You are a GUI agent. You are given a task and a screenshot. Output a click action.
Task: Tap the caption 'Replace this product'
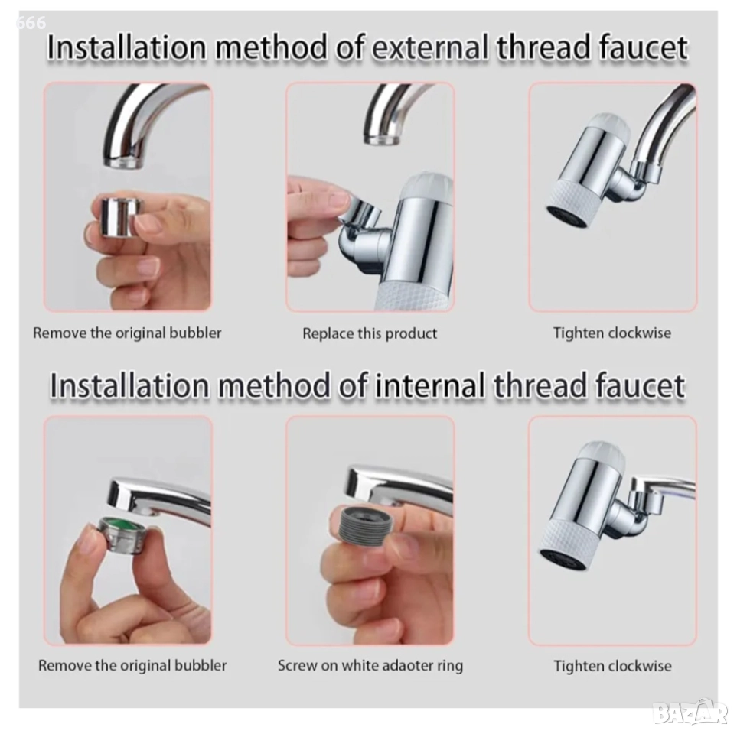coord(370,333)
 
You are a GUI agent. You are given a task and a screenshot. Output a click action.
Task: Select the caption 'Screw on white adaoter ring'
coord(370,665)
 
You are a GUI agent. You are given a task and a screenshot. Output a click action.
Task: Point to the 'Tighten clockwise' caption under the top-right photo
coord(612,333)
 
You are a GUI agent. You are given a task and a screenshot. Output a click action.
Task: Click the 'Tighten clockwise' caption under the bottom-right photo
coord(612,666)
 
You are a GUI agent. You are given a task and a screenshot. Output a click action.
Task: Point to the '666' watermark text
coord(31,22)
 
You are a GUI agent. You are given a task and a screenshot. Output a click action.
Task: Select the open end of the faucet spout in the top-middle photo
coord(382,139)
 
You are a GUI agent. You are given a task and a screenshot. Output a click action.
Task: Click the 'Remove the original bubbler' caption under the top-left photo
coord(127,333)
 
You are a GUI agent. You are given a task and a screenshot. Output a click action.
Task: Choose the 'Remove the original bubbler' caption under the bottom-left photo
coord(132,665)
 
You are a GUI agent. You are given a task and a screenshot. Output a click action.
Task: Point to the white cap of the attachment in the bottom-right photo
coord(602,455)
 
